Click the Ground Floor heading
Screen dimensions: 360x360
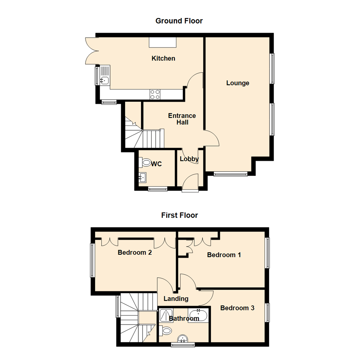tap(179, 21)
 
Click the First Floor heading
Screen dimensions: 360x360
tap(179, 215)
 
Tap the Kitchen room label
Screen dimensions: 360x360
tap(163, 59)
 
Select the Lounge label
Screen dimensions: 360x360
tap(238, 83)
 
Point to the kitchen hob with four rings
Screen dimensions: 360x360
tap(155, 94)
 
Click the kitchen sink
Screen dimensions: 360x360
tap(105, 80)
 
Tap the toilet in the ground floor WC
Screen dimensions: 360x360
tap(146, 163)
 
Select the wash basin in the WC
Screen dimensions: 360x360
tap(143, 178)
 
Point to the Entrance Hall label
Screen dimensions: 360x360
tap(182, 119)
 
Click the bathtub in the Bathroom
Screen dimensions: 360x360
tap(198, 315)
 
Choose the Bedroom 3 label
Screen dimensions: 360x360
tap(237, 308)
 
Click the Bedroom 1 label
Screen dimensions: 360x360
tap(224, 255)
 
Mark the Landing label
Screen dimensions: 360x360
tap(176, 299)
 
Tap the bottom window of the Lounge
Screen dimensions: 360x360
tap(231, 173)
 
